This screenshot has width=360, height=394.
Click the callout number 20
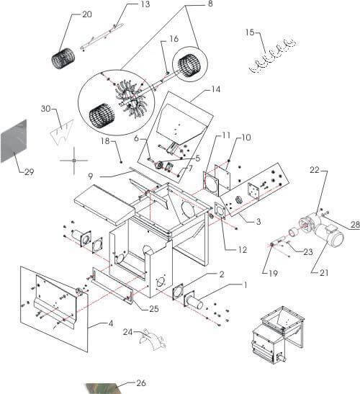(x=87, y=14)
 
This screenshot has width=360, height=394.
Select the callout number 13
(x=145, y=4)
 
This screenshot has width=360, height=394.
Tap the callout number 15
(x=250, y=32)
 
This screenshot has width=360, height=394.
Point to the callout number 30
(x=46, y=109)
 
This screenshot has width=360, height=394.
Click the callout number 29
(x=29, y=172)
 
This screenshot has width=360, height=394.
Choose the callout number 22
(x=314, y=170)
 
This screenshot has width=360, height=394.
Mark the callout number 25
(x=154, y=308)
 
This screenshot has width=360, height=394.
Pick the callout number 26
(x=141, y=383)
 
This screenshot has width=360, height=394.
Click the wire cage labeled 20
(x=63, y=58)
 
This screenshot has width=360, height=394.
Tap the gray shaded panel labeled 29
(x=14, y=141)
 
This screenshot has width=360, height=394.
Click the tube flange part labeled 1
(x=194, y=301)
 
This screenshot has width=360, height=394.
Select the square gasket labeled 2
(x=178, y=292)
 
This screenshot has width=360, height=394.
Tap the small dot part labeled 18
(x=122, y=162)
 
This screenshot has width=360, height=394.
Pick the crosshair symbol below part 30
(x=74, y=160)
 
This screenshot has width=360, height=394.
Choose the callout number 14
(x=215, y=89)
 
